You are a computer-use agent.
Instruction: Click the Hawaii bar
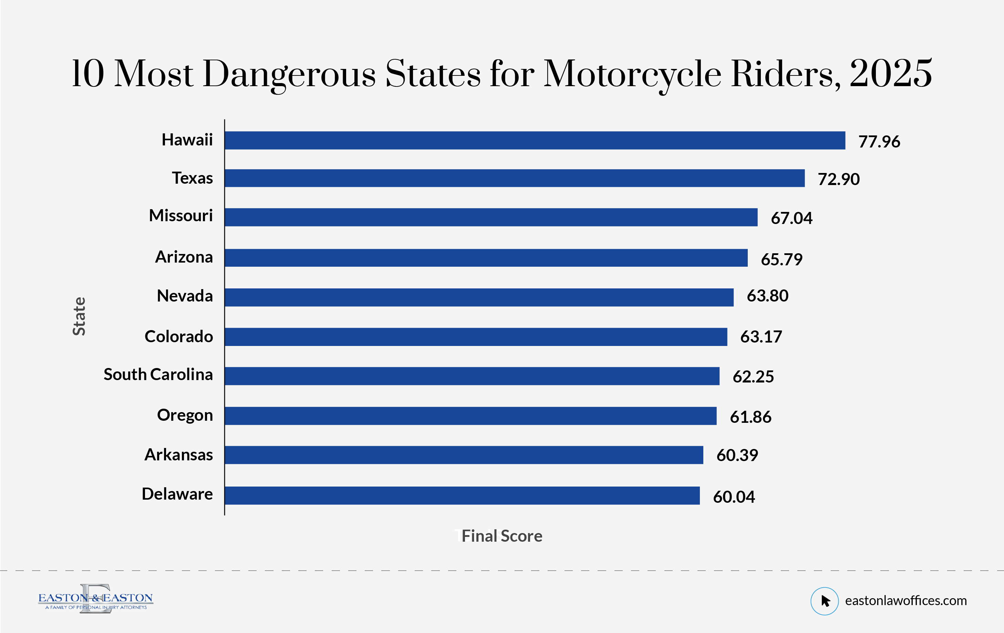[x=535, y=140]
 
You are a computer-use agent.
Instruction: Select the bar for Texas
[x=515, y=178]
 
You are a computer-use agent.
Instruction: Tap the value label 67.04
[x=791, y=218]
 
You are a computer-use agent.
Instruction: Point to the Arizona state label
[x=184, y=257]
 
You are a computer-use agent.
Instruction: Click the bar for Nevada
[x=479, y=297]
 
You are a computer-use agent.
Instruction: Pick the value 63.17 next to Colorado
[x=761, y=337]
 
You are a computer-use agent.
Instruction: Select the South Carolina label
[x=158, y=374]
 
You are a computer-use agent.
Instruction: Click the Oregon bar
[x=470, y=416]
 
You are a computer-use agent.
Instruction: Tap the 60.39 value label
[x=737, y=455]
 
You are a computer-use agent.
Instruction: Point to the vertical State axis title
[x=79, y=316]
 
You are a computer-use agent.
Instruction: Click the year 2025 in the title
[x=891, y=74]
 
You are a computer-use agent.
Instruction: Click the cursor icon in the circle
[x=824, y=601]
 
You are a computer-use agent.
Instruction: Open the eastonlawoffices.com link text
[x=905, y=601]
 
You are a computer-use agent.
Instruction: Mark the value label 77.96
[x=879, y=142]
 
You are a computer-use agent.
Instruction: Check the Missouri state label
[x=181, y=216]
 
